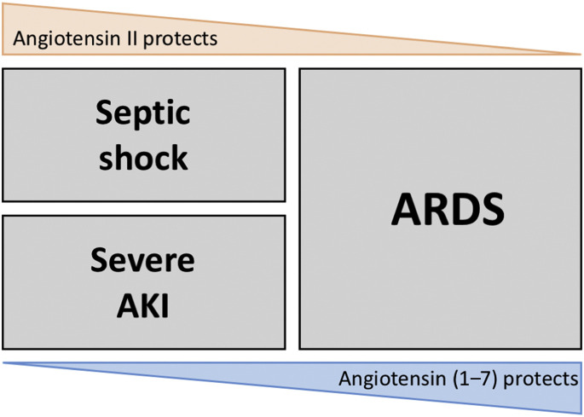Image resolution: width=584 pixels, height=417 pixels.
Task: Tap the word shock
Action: click(x=143, y=157)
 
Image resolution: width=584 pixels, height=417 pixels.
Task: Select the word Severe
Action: click(x=142, y=260)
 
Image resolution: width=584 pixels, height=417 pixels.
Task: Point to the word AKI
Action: click(x=142, y=305)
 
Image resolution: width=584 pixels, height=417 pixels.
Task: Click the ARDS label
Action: click(x=448, y=209)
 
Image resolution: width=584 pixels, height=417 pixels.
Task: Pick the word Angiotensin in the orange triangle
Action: click(x=69, y=38)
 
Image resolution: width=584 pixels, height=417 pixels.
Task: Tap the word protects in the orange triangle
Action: click(x=180, y=39)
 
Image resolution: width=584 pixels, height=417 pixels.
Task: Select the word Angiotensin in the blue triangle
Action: click(x=394, y=379)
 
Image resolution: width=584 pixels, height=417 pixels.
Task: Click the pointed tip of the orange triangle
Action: click(x=581, y=55)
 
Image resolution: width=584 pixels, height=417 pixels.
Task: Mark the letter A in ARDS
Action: click(x=405, y=209)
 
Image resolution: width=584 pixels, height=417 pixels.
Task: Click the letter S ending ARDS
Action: click(x=493, y=209)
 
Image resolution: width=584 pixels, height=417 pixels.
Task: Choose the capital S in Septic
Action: click(x=105, y=113)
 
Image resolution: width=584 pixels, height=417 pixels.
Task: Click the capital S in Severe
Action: click(x=100, y=260)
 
